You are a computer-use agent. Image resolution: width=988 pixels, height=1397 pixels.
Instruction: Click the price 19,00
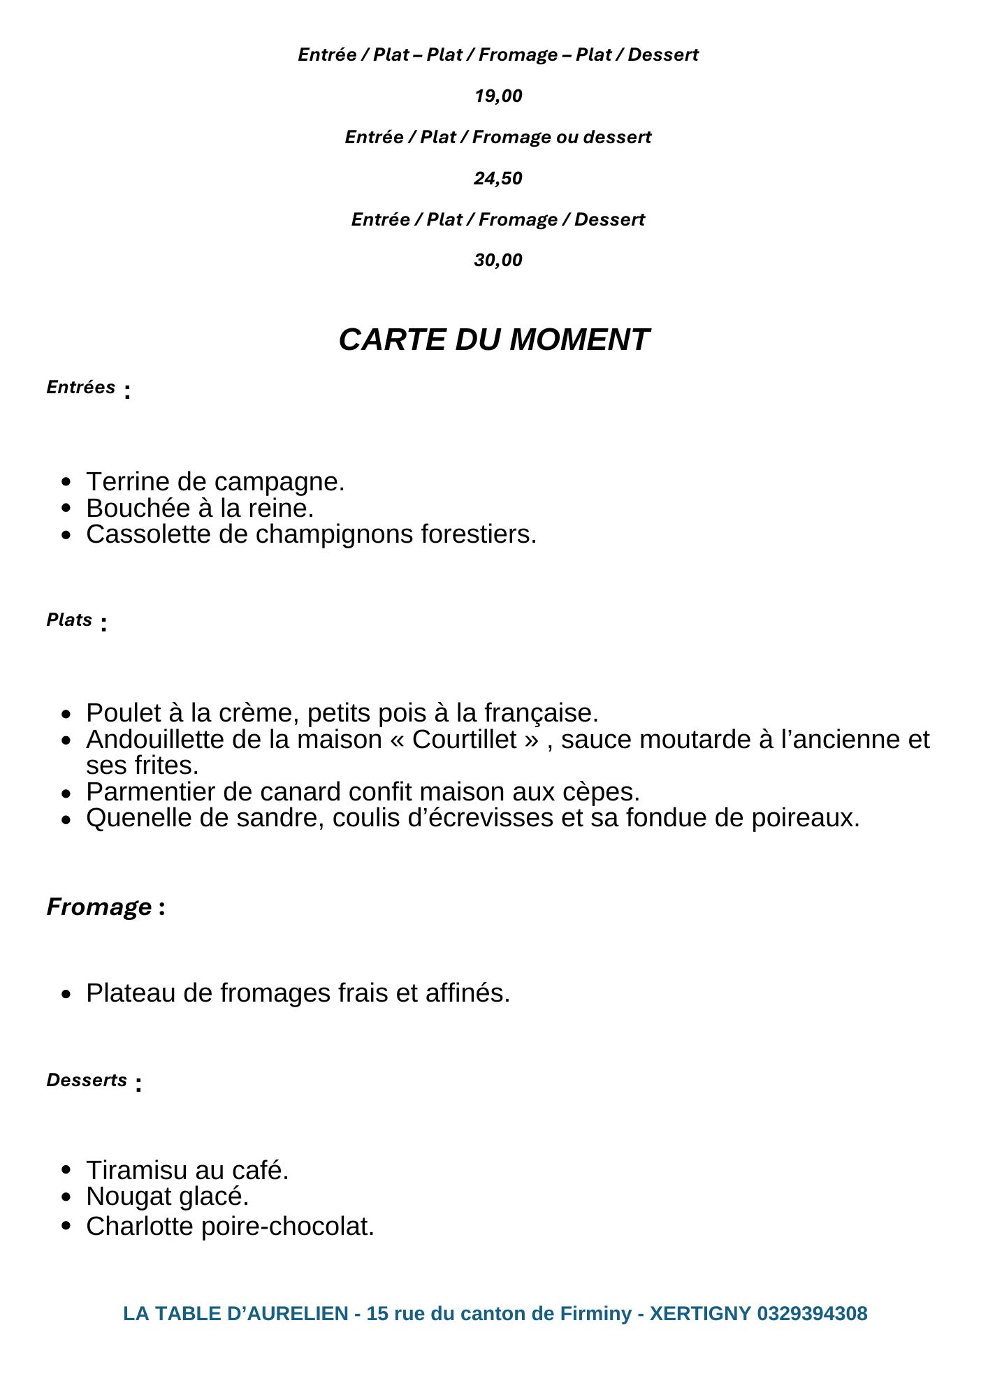click(497, 96)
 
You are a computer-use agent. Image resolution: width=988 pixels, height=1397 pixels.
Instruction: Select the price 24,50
click(497, 178)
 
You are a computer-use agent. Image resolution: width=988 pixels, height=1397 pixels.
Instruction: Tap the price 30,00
click(497, 260)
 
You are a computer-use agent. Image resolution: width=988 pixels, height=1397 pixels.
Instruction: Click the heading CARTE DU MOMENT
click(494, 339)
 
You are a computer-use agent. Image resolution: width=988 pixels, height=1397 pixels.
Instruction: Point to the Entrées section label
click(81, 387)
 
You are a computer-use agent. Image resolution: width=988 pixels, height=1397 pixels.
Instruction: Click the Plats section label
click(69, 620)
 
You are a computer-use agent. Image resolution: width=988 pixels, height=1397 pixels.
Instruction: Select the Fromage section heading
click(99, 907)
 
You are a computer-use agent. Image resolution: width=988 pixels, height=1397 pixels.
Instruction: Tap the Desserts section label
click(87, 1080)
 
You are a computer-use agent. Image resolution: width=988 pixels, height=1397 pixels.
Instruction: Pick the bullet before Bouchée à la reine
click(66, 509)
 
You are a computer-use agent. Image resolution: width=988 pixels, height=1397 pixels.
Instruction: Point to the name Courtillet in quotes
click(464, 740)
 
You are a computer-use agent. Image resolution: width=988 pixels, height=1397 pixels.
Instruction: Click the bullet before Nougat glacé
click(66, 1197)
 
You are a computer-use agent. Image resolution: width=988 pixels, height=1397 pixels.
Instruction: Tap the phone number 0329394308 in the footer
click(812, 1314)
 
